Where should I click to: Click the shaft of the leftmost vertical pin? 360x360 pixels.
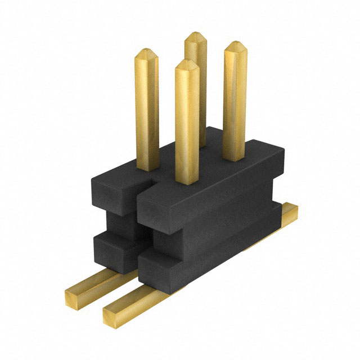147,112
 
